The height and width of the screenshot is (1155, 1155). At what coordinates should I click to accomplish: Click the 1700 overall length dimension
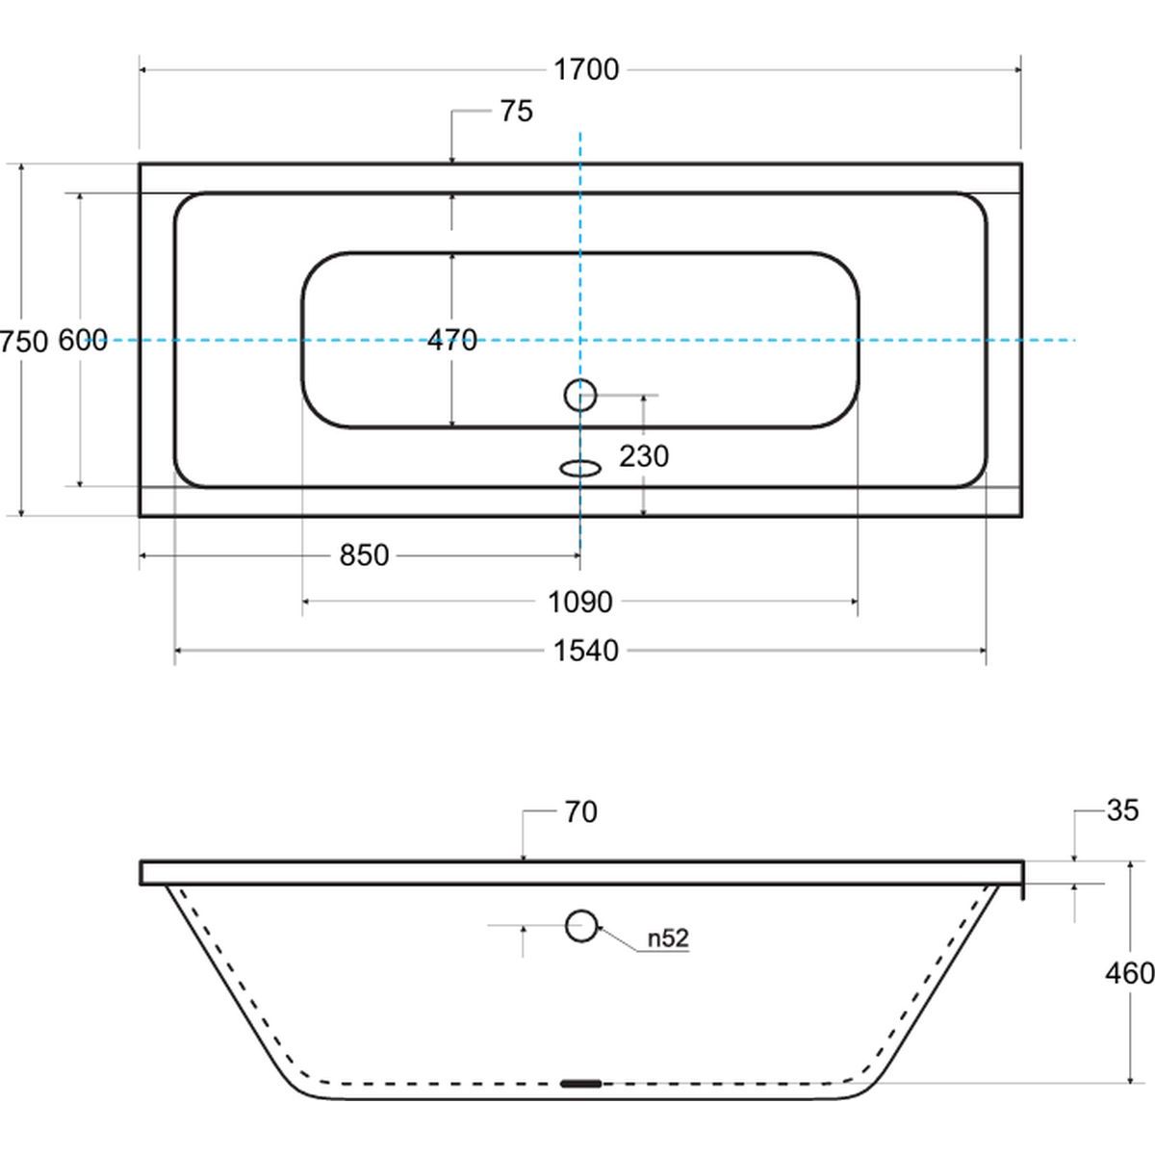586,69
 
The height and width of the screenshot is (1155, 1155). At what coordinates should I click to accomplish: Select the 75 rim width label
517,112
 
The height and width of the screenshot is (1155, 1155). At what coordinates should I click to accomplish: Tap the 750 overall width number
24,343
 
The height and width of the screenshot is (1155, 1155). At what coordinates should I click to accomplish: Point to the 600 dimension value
83,341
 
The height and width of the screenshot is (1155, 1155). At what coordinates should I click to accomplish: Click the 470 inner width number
452,340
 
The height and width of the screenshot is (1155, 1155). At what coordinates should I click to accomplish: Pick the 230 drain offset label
644,456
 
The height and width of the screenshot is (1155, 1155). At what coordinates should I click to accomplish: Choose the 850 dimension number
365,555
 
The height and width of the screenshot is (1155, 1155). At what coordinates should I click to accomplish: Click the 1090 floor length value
580,602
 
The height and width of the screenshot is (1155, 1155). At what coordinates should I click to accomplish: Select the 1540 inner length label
585,651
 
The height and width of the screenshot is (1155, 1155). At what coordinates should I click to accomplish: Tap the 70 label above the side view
580,812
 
